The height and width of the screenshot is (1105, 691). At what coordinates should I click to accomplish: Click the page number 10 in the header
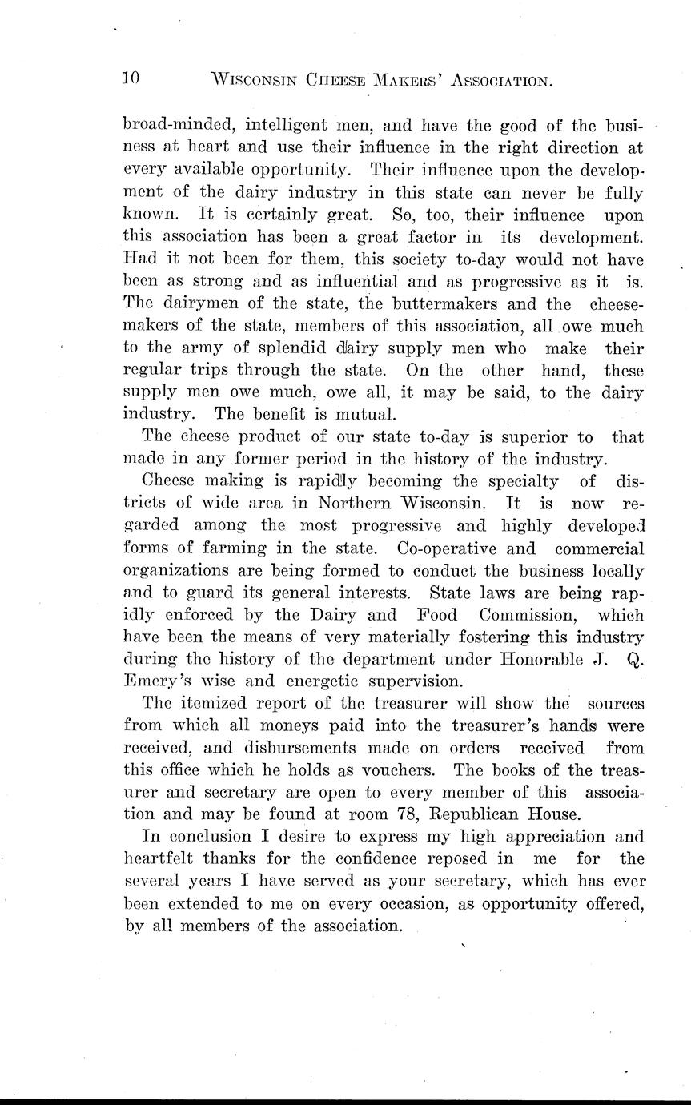pos(131,78)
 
